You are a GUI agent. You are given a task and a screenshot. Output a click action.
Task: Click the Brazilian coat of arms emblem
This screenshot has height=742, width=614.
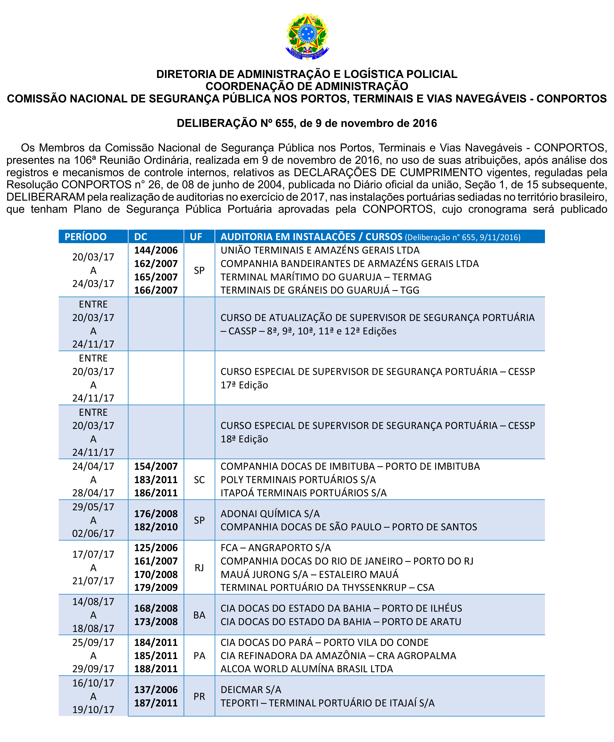point(307,36)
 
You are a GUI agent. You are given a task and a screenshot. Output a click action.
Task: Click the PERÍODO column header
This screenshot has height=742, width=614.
point(86,237)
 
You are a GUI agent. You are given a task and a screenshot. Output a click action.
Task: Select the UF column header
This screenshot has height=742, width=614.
point(196,237)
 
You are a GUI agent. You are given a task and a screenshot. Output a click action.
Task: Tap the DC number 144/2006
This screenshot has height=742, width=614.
point(156,250)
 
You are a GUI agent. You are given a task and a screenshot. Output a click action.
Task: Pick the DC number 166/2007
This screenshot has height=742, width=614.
point(156,290)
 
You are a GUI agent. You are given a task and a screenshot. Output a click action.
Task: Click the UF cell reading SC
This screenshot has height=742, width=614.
point(199,479)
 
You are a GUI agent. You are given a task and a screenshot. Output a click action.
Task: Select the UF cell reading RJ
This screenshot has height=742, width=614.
point(199,567)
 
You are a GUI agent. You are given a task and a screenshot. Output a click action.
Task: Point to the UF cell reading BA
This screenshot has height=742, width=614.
point(199,615)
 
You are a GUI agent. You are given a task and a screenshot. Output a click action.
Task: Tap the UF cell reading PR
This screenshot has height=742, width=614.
point(199,696)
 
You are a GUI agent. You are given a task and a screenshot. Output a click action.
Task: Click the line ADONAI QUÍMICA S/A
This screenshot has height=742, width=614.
point(270,513)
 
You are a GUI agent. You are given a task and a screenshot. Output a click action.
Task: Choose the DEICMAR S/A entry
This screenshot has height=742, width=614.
point(251,689)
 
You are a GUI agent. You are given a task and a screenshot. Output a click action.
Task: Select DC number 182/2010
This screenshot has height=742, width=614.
point(156,527)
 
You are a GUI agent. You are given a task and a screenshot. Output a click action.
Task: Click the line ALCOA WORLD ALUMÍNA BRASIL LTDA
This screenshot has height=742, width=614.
point(307,669)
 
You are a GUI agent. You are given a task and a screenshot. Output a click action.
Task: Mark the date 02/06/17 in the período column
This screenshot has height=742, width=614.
point(93,533)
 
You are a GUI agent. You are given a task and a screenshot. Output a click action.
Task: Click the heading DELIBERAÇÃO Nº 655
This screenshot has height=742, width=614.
point(307,123)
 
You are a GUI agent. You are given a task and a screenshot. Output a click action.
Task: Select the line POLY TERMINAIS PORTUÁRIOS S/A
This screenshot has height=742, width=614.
point(298,479)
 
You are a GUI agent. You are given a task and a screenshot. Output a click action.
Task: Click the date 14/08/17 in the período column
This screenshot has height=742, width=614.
point(93,601)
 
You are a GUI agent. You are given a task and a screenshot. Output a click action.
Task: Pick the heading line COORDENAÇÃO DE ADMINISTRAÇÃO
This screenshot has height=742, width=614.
point(307,86)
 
